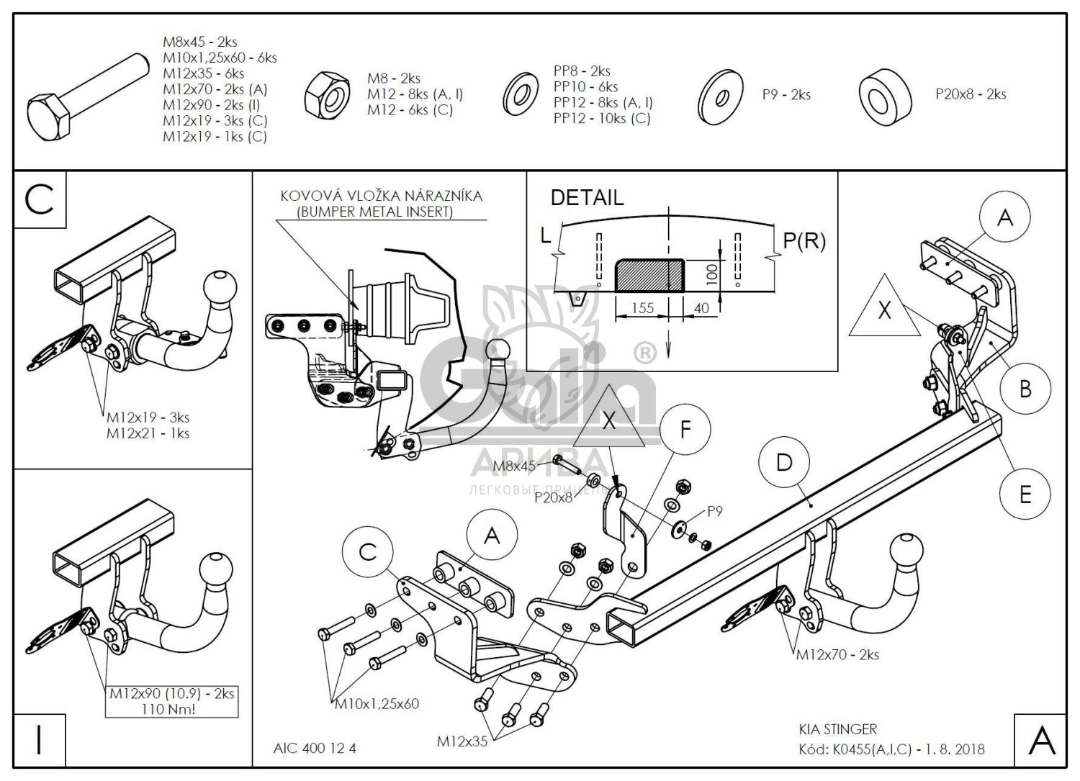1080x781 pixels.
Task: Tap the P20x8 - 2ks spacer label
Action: coord(971,94)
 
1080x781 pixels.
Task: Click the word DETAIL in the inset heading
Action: coord(587,198)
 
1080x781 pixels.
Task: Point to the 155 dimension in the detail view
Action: coord(642,308)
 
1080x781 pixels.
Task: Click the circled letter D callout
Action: coord(783,462)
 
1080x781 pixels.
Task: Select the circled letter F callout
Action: coord(685,430)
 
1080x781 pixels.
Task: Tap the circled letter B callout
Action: coord(1025,389)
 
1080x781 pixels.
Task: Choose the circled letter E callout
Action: coord(1025,494)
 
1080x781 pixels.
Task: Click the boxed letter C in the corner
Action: coord(40,199)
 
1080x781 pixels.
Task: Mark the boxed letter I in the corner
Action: coord(40,741)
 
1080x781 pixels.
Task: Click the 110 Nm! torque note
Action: coord(171,709)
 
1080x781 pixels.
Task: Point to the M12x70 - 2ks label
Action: coord(837,655)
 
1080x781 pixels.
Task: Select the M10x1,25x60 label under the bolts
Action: coord(377,704)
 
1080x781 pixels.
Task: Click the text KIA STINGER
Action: coord(837,730)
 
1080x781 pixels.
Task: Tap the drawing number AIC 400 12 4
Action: coord(315,749)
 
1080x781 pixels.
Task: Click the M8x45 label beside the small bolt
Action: coord(514,466)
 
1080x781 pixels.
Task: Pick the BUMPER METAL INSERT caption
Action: coord(375,212)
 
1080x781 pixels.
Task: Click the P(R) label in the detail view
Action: coord(804,240)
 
